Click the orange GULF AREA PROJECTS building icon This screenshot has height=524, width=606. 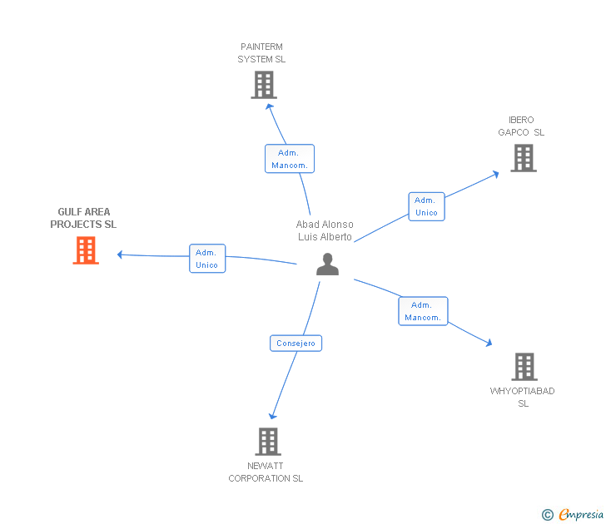(x=86, y=250)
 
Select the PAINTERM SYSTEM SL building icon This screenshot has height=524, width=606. (x=264, y=85)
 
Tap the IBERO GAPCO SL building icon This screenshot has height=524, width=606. (x=524, y=158)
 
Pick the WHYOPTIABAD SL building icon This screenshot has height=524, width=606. (x=524, y=366)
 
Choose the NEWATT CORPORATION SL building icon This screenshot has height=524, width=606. (x=267, y=442)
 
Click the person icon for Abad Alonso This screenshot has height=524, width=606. (x=328, y=264)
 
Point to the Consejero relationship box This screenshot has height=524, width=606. (x=296, y=343)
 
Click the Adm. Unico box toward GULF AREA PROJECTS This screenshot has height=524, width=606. (x=207, y=259)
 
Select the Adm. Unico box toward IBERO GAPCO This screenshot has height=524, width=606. (x=426, y=206)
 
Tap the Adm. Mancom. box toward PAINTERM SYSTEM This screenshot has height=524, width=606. (x=290, y=159)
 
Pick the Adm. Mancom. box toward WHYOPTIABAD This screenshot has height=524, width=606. (x=423, y=311)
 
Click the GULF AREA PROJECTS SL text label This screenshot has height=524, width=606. (x=83, y=218)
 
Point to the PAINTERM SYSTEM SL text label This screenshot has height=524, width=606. (x=261, y=53)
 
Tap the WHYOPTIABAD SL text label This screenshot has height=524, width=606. (x=523, y=397)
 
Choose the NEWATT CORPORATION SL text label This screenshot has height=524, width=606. (x=266, y=472)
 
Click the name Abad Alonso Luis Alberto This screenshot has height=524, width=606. (x=325, y=230)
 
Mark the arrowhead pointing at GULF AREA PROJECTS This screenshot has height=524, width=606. (x=121, y=255)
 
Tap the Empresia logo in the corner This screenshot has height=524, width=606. (x=574, y=515)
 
